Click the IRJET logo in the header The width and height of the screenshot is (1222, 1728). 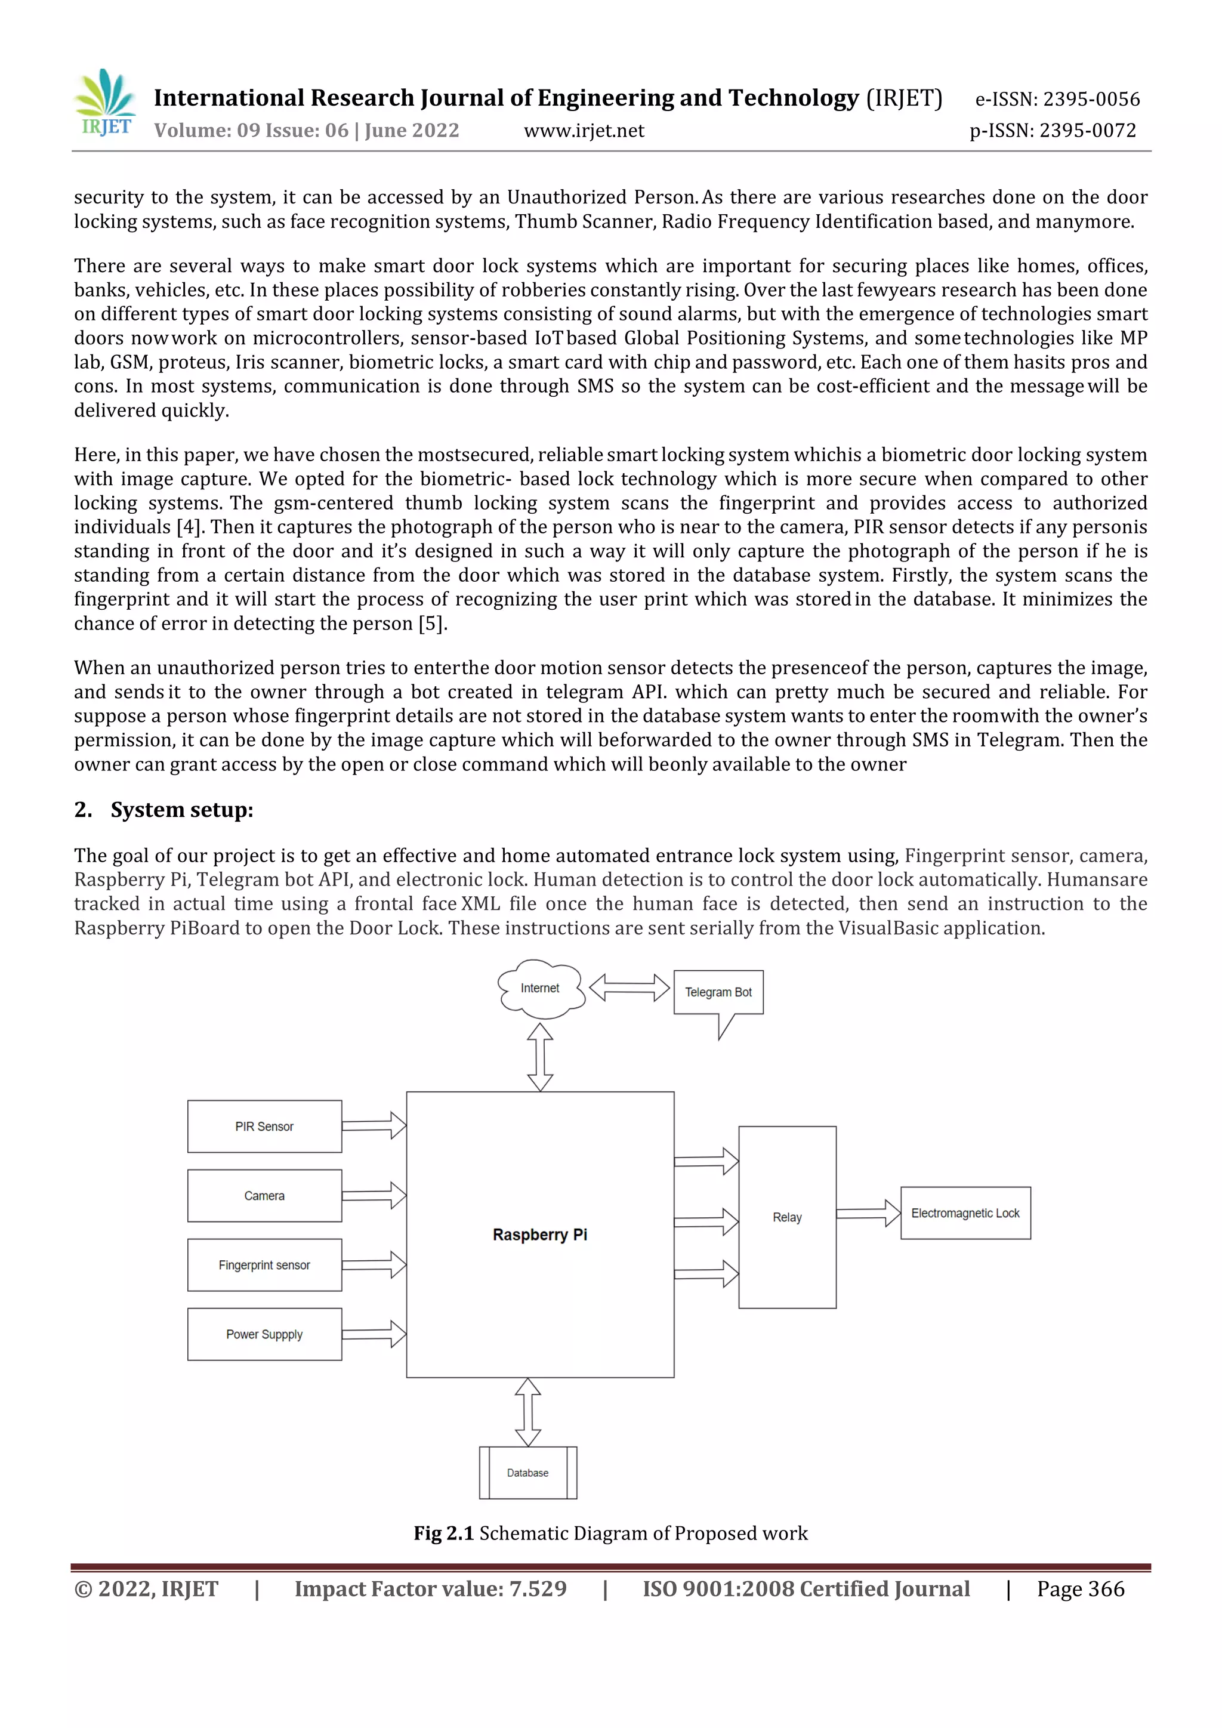click(106, 104)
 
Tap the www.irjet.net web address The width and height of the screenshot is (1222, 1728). click(584, 131)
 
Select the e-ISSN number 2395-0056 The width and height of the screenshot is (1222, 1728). click(1057, 99)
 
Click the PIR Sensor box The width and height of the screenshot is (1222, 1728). click(264, 1127)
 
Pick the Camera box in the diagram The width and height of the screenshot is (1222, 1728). click(264, 1196)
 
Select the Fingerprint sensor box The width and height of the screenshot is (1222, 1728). click(264, 1265)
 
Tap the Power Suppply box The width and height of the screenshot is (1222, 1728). click(264, 1334)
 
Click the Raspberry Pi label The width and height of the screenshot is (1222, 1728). click(539, 1235)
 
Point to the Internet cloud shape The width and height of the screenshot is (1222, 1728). click(540, 989)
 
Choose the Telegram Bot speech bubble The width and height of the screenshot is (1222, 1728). click(718, 993)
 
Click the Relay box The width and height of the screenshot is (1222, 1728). click(787, 1217)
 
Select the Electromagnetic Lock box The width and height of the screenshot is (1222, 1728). click(965, 1213)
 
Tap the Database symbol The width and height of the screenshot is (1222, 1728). click(527, 1473)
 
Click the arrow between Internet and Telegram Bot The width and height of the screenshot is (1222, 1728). click(629, 988)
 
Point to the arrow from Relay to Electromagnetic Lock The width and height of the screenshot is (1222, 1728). click(868, 1213)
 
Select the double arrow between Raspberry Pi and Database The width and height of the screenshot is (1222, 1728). click(527, 1412)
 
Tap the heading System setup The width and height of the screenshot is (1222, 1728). click(181, 810)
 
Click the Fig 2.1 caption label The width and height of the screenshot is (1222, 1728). click(443, 1533)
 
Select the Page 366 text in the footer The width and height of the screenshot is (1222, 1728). click(1081, 1589)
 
